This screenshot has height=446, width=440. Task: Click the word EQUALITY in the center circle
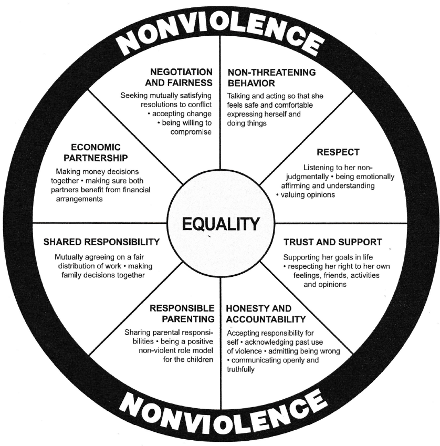pos(221,224)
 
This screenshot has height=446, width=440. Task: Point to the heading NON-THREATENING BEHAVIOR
pos(264,77)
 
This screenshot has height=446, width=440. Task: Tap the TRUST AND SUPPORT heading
pos(332,242)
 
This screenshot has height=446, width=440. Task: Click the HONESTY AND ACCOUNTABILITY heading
pos(266,314)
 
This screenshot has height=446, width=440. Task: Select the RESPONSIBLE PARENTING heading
pos(182,314)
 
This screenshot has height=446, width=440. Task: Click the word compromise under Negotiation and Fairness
pos(191,132)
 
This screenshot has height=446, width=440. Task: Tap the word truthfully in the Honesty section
pos(241,369)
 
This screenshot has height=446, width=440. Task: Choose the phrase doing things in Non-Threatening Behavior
pos(247,122)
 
